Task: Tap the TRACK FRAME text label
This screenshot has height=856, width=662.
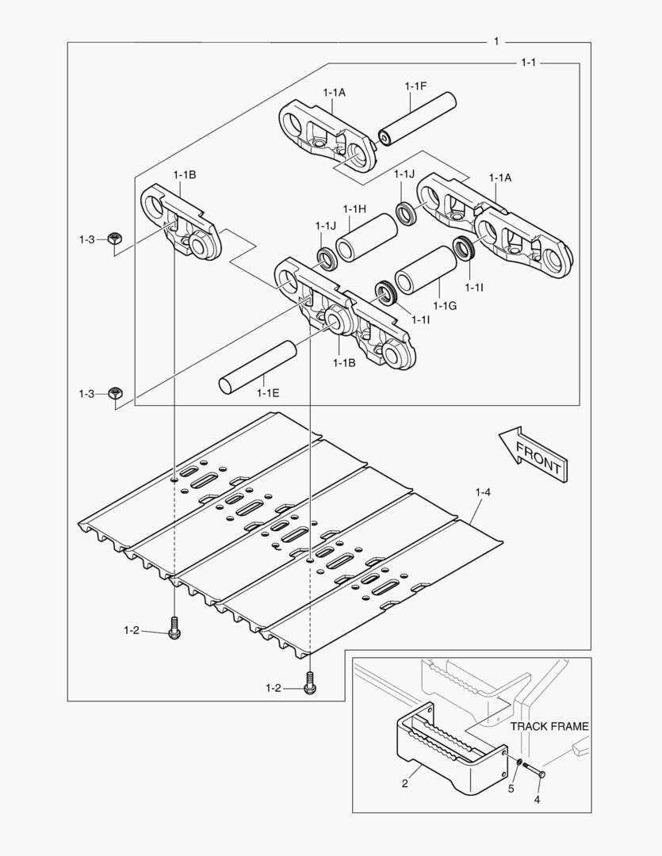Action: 549,725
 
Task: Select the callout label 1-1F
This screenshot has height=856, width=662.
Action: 416,86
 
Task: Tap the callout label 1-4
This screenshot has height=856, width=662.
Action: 483,493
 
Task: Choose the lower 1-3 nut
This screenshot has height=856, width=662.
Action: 115,392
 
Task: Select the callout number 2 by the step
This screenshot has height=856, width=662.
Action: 404,784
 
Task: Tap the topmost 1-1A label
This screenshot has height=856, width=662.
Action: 334,93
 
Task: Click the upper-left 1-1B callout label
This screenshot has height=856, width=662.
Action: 185,174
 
